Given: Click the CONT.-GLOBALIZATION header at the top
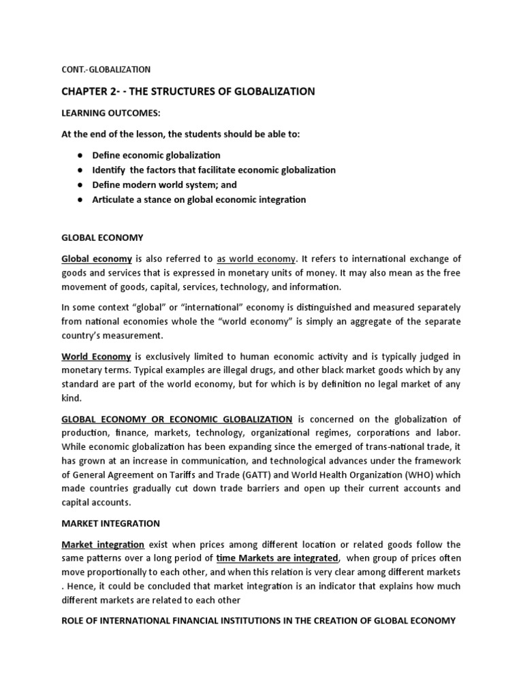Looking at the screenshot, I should click(106, 69).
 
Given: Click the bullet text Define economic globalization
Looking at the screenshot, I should click(156, 155).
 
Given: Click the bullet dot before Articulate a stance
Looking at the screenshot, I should click(80, 199).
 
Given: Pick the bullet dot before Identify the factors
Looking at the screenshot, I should click(80, 170).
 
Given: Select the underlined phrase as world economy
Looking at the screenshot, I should click(256, 259).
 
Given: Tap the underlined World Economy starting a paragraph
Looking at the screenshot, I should click(97, 355).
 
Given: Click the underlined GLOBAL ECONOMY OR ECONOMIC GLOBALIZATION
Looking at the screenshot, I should click(177, 419).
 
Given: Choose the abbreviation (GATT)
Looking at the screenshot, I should click(276, 475).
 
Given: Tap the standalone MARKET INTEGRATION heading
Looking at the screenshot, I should click(111, 523).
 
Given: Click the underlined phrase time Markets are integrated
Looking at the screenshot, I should click(276, 558).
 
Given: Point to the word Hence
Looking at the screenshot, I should click(80, 587).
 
